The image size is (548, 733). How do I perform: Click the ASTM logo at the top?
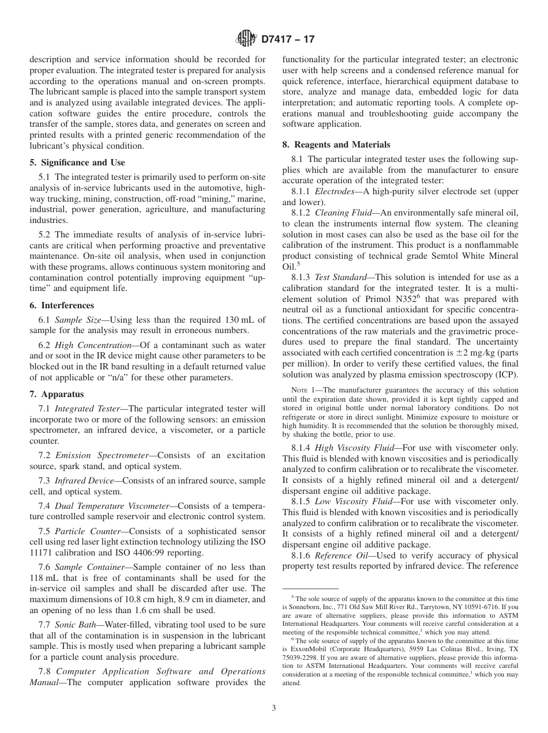[246, 39]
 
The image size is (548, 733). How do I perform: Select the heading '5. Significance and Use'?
[77, 163]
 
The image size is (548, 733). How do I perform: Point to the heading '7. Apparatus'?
[57, 394]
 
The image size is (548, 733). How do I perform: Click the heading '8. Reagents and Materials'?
[336, 145]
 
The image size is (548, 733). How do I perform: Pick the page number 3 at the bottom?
[274, 708]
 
